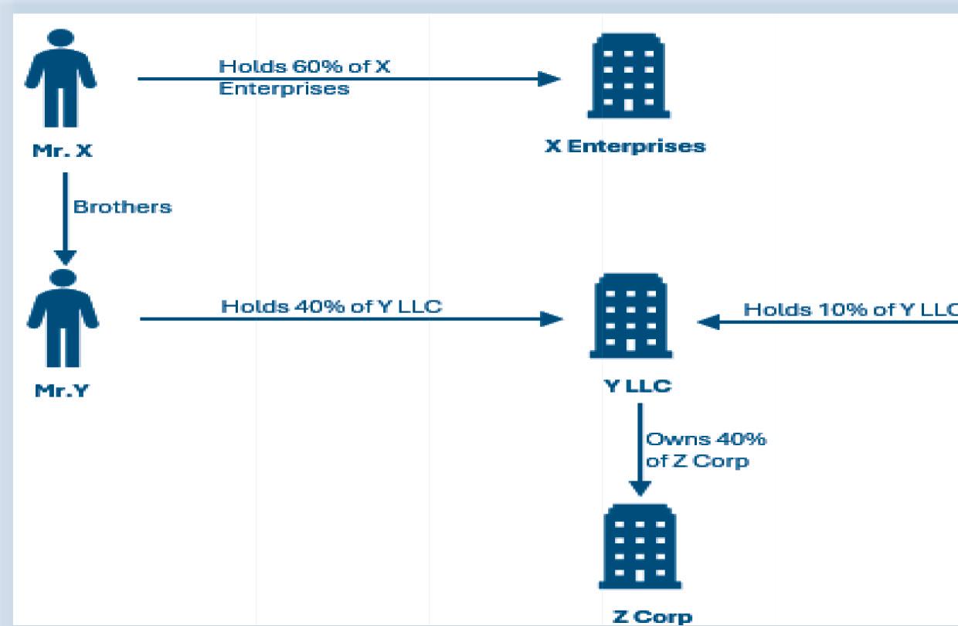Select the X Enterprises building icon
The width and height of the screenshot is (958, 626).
tap(624, 77)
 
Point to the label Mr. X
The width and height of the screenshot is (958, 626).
tap(64, 151)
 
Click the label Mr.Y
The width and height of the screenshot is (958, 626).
tap(63, 390)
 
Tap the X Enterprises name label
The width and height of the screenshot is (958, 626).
tap(624, 146)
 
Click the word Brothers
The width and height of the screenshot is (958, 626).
tap(121, 208)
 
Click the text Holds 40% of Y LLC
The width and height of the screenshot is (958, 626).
tap(331, 306)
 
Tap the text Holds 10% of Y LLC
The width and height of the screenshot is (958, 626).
tap(850, 310)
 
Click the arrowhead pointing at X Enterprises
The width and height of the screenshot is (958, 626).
tap(549, 78)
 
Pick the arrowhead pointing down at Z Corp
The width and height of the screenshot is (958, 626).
tap(640, 489)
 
